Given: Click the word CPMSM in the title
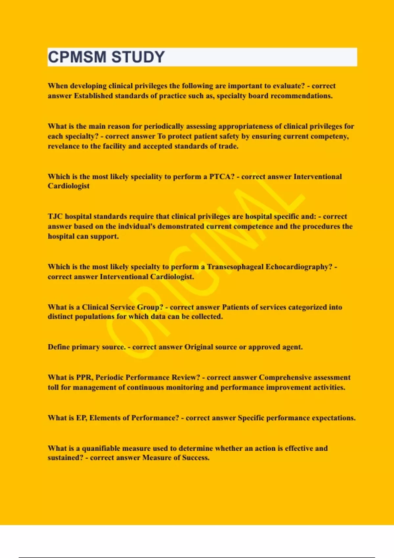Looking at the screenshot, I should [77, 57].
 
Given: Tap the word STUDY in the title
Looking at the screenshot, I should [138, 57].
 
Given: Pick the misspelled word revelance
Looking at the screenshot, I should [63, 146].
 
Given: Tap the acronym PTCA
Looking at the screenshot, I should [222, 177].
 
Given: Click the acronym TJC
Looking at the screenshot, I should [55, 217].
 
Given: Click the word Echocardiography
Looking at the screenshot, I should [298, 267].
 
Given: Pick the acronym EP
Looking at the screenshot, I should [81, 418].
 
